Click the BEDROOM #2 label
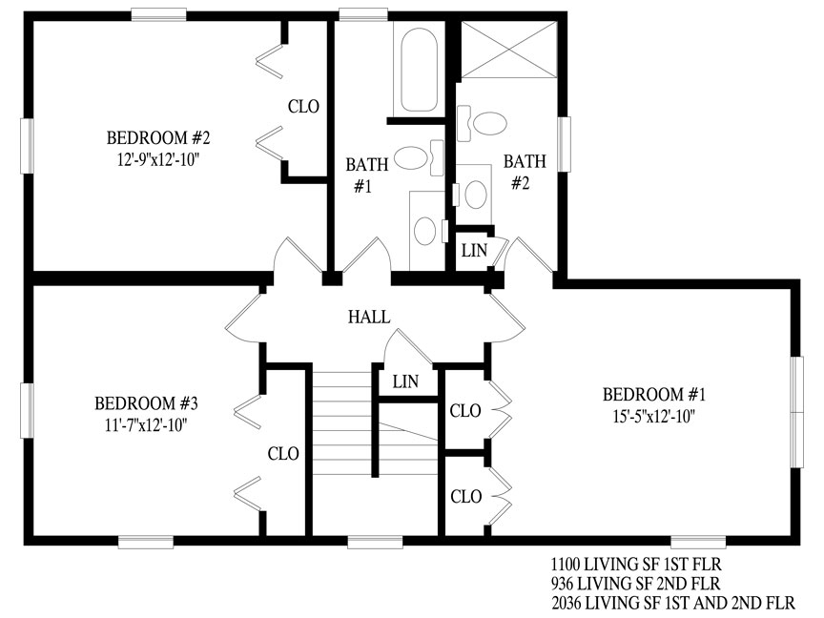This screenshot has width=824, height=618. click(x=158, y=137)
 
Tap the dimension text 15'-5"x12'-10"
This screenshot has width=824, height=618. click(x=653, y=416)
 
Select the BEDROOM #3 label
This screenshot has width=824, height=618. click(x=146, y=403)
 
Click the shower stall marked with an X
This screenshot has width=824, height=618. click(x=508, y=50)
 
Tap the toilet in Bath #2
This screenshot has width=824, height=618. click(x=482, y=123)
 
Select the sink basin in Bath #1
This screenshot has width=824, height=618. click(x=424, y=231)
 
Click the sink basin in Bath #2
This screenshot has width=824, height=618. click(x=476, y=195)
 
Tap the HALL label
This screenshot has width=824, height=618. click(x=369, y=317)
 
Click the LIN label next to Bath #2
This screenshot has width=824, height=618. click(x=475, y=251)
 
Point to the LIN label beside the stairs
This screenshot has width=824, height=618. click(x=405, y=381)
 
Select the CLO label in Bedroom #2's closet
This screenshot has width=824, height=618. click(x=303, y=107)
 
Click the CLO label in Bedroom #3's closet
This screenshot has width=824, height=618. click(x=283, y=454)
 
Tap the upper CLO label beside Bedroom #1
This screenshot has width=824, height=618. click(x=465, y=410)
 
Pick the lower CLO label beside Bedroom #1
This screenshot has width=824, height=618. click(x=466, y=496)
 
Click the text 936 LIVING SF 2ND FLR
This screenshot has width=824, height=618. click(x=636, y=584)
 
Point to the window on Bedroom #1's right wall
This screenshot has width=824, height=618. click(x=797, y=412)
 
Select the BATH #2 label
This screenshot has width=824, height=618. click(x=525, y=172)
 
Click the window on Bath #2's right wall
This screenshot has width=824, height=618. click(x=564, y=144)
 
